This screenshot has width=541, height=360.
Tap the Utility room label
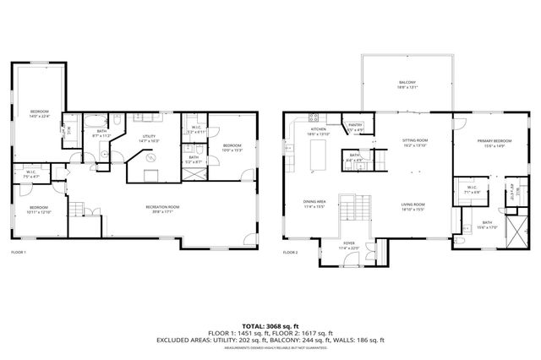pos(149,139)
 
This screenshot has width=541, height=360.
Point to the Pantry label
pos(356,128)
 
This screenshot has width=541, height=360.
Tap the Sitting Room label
pos(416,142)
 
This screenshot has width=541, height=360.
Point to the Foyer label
pos(349,246)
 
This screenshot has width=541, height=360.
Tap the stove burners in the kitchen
pos(314,118)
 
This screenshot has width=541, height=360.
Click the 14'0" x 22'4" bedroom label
pos(41,114)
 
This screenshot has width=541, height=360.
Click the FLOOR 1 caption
pos(19,252)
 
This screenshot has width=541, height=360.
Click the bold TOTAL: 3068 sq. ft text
pos(270,325)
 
